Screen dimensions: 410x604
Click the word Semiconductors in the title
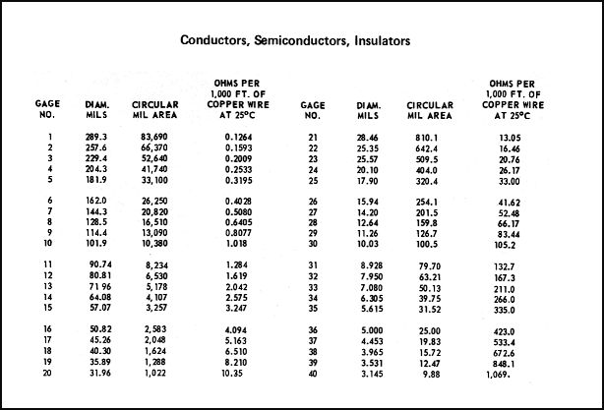(302, 42)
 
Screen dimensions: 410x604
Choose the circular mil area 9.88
(431, 374)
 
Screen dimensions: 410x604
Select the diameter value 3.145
(370, 374)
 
